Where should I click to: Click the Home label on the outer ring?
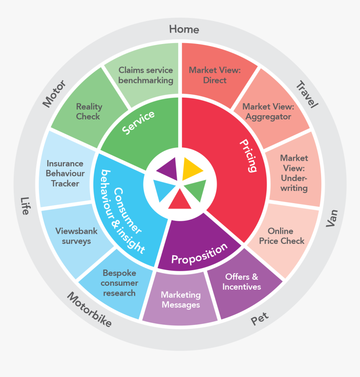[184, 29]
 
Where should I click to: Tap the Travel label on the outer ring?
[307, 95]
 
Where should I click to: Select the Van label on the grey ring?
[332, 218]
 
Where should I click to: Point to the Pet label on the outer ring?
[260, 319]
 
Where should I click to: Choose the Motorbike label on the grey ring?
[89, 310]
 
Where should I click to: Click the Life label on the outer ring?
[25, 206]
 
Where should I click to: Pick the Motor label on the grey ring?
[54, 93]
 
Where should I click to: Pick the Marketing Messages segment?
[181, 300]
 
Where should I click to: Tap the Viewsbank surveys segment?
[77, 236]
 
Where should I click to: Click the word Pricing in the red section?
[248, 155]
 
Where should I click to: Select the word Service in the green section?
[138, 122]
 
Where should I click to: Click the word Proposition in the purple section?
[200, 254]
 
